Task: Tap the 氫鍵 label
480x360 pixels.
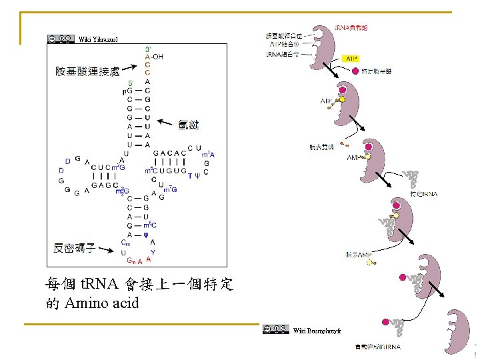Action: [189, 125]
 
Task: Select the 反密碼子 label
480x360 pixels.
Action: [74, 249]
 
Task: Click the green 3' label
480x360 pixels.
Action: [148, 49]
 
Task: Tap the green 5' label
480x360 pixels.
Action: [131, 83]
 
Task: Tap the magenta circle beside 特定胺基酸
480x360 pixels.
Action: [356, 71]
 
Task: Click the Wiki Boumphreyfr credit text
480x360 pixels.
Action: [317, 330]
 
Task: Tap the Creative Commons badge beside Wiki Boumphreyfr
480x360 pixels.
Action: [276, 329]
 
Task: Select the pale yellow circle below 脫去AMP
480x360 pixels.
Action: [369, 264]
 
